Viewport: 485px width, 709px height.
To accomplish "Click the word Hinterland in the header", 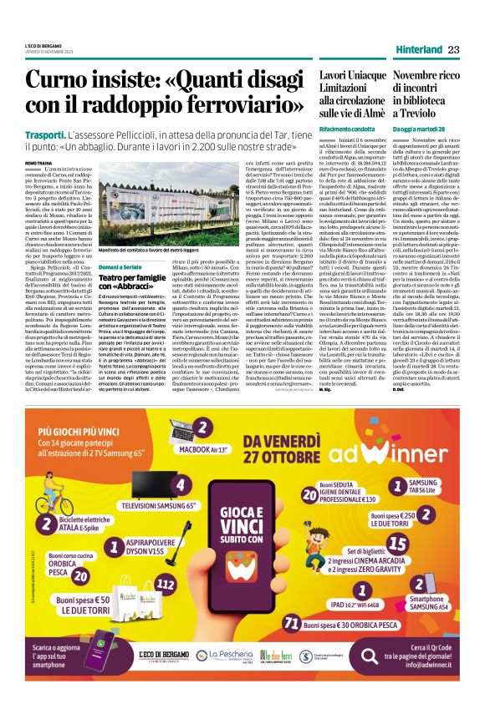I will [x=419, y=50].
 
